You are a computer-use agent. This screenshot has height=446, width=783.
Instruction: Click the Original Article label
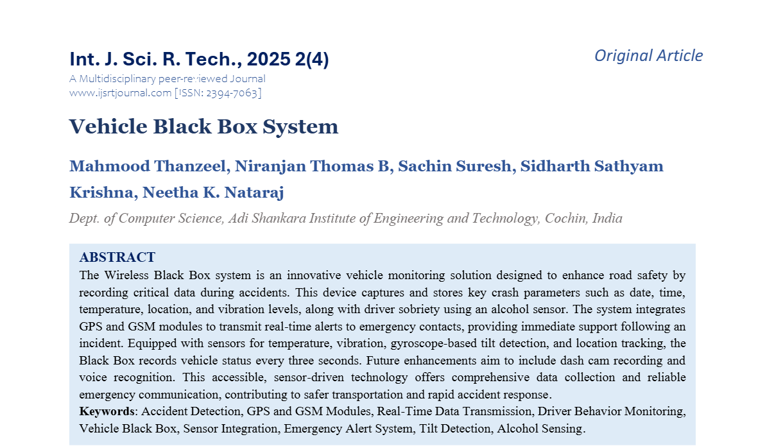[648, 56]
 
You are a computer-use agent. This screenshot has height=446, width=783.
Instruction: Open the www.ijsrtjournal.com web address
[120, 92]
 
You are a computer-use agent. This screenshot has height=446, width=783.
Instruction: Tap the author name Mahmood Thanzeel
[147, 166]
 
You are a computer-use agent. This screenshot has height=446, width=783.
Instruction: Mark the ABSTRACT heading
[117, 257]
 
